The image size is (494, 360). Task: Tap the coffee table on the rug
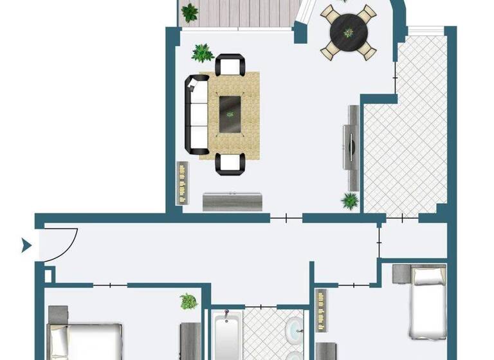point(230,114)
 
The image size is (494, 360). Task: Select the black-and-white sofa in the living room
point(197,109)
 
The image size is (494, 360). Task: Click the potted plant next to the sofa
point(203,52)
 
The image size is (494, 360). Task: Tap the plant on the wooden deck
point(190,12)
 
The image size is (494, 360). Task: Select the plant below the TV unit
point(350,201)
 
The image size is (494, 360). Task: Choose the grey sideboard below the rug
point(232,201)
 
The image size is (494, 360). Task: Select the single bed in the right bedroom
point(428,302)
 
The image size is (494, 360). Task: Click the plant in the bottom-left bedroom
point(188,301)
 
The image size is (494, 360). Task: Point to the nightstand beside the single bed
point(400,273)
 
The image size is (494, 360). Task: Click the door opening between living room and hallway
point(286,218)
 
